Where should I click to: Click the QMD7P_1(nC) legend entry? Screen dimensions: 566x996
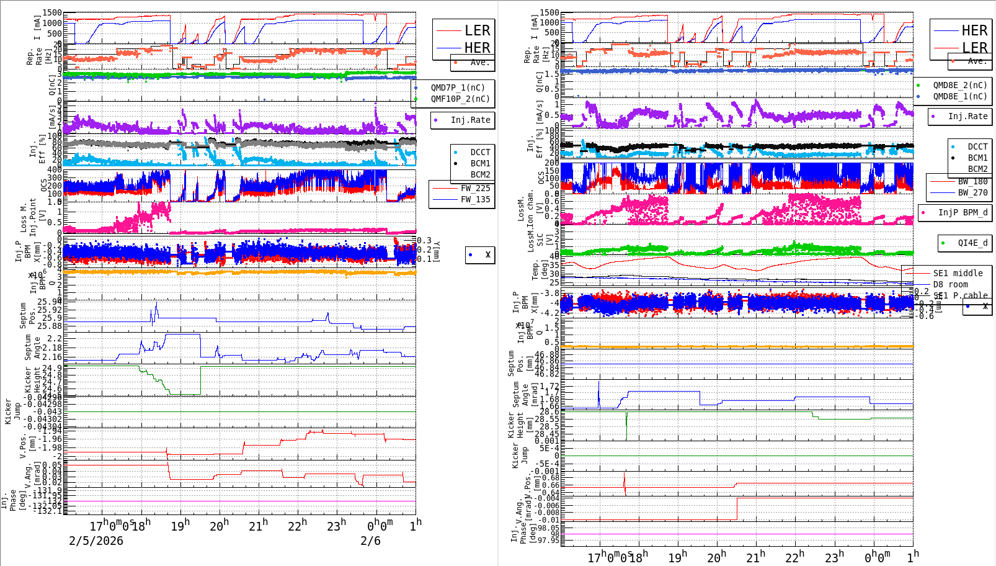pos(458,88)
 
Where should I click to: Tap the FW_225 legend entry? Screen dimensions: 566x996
pos(475,188)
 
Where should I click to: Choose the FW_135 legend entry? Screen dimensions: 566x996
pos(475,199)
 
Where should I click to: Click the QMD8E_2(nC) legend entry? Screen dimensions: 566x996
pos(959,85)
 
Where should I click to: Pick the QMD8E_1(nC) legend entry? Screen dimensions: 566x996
pos(959,96)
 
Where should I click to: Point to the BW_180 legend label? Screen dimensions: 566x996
pos(972,181)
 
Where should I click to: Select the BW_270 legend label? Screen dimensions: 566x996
pos(972,192)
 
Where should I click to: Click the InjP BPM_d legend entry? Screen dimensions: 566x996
pos(962,212)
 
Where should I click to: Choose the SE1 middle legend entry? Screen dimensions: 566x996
pos(958,273)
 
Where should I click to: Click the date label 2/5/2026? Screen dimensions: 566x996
pos(96,541)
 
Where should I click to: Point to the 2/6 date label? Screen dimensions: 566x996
pos(370,541)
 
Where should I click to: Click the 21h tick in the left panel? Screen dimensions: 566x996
pos(258,526)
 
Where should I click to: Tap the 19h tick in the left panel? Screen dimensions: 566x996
pos(180,526)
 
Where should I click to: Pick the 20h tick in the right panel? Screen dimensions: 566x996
pos(716,557)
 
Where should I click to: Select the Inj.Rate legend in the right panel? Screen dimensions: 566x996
pos(967,116)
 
